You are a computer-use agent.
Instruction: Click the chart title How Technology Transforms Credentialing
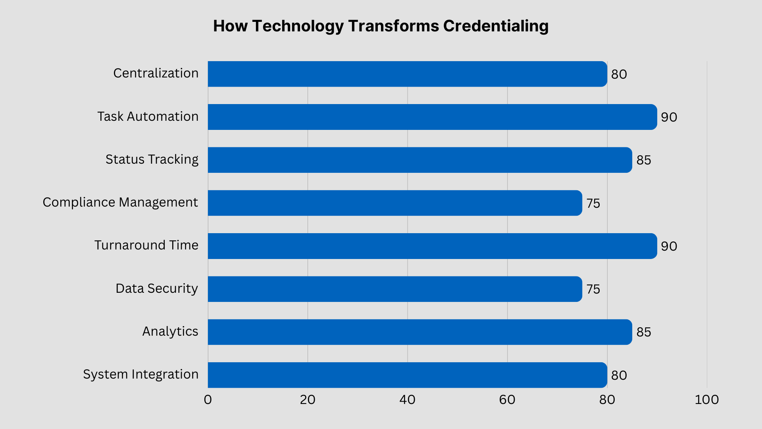[x=381, y=26]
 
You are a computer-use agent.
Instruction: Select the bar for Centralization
[x=407, y=74]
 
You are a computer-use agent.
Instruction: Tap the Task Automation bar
[x=432, y=117]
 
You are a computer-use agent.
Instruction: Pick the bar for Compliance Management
[x=395, y=203]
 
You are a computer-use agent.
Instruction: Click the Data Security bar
[x=395, y=289]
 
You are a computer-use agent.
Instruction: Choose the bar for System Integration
[x=407, y=375]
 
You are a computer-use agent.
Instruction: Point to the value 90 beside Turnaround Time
[x=669, y=246]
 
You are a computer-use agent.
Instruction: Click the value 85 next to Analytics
[x=643, y=332]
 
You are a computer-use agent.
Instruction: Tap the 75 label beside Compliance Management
[x=593, y=203]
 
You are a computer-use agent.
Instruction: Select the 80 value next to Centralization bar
[x=619, y=74]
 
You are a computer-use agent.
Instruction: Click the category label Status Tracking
[x=152, y=159]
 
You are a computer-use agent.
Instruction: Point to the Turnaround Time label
[x=146, y=245]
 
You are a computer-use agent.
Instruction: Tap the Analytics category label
[x=170, y=331]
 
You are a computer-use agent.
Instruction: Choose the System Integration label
[x=140, y=374]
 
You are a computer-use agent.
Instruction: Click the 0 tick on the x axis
[x=208, y=400]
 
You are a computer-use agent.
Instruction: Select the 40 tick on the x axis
[x=407, y=400]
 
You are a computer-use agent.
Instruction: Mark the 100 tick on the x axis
[x=706, y=400]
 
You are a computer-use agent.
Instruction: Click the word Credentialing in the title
[x=496, y=26]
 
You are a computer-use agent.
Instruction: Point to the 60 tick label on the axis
[x=507, y=400]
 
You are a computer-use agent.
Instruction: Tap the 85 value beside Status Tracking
[x=643, y=160]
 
